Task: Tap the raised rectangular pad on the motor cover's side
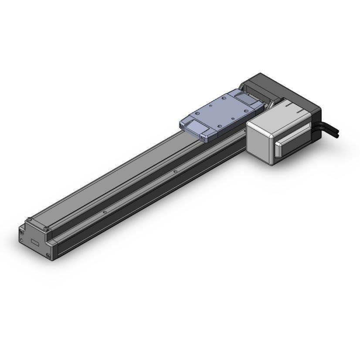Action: click(x=292, y=142)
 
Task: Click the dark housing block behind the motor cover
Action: click(x=279, y=87)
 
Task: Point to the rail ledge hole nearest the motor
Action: click(x=175, y=171)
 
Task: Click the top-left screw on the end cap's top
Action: click(x=29, y=219)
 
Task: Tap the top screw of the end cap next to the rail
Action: click(x=46, y=229)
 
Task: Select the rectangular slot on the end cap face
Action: click(x=35, y=242)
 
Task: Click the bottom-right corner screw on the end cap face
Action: click(x=49, y=255)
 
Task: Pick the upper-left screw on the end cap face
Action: click(x=21, y=232)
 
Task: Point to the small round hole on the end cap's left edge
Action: click(x=21, y=240)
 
